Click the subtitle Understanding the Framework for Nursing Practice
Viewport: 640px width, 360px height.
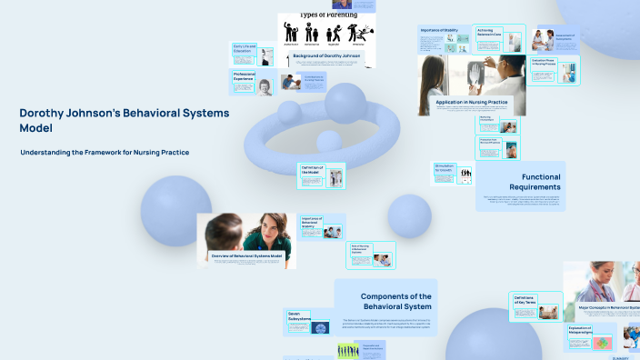point(105,152)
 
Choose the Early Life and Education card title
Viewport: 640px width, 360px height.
point(245,49)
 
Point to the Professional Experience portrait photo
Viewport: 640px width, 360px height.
point(265,87)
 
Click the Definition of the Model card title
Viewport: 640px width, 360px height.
point(312,169)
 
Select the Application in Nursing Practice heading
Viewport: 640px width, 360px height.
point(471,103)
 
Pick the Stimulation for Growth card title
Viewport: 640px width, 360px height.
point(445,168)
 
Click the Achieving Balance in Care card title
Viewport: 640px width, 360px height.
point(491,32)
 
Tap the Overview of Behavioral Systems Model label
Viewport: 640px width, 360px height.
point(247,256)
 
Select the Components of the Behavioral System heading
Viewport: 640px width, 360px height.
point(395,301)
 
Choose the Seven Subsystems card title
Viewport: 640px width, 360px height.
point(300,316)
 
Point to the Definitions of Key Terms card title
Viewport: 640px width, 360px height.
point(525,300)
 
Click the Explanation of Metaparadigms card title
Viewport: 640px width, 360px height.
point(581,331)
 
